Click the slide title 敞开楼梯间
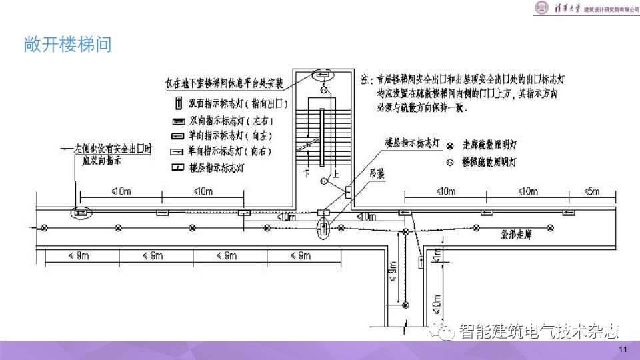tap(66, 45)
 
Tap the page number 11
tap(623, 351)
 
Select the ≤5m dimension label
tap(591, 192)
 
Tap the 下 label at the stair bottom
tap(307, 173)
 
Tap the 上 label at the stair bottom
tap(335, 173)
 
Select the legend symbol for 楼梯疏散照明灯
tap(450, 162)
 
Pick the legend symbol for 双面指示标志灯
tap(179, 104)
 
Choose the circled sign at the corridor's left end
tap(81, 213)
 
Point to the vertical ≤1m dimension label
tap(437, 254)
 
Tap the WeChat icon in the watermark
tap(442, 331)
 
